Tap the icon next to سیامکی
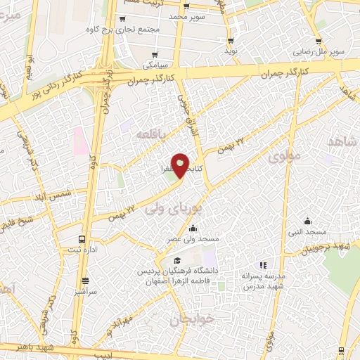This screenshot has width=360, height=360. pos(154,54)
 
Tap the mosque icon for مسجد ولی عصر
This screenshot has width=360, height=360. pos(193,229)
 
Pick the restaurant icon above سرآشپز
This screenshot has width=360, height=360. pos(85,280)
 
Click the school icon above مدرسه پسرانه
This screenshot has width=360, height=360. pos(262,265)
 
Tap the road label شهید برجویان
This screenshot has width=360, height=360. pos(333,247)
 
